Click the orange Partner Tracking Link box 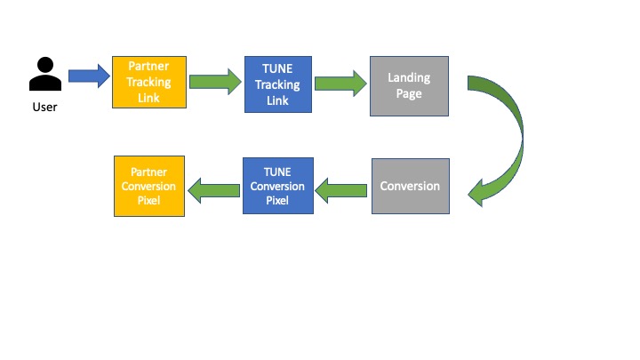(x=148, y=82)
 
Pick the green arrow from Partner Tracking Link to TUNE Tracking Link (x=214, y=83)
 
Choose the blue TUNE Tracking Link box (x=278, y=84)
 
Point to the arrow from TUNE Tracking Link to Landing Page (x=342, y=84)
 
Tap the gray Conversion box (x=410, y=187)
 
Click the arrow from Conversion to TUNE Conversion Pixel (x=342, y=187)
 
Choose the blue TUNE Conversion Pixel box (x=277, y=187)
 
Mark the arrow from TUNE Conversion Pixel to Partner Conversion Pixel (x=214, y=187)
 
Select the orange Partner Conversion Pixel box (x=149, y=186)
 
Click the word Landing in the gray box (x=409, y=78)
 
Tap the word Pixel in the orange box (x=149, y=199)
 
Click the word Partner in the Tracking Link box (x=148, y=68)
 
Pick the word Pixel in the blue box (x=277, y=199)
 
